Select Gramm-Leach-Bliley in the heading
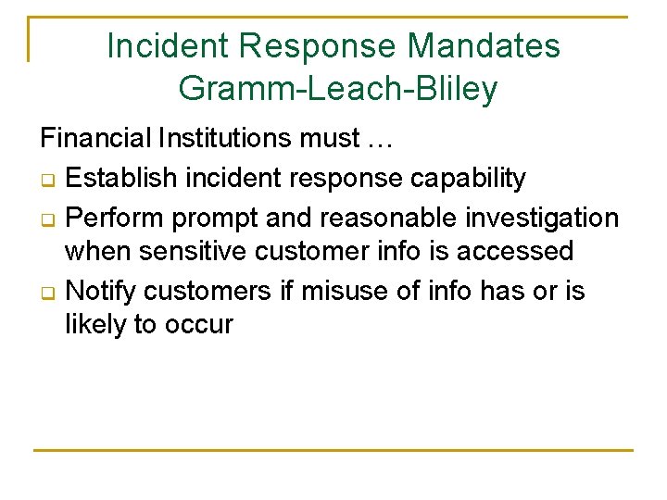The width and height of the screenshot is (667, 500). pos(338,89)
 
